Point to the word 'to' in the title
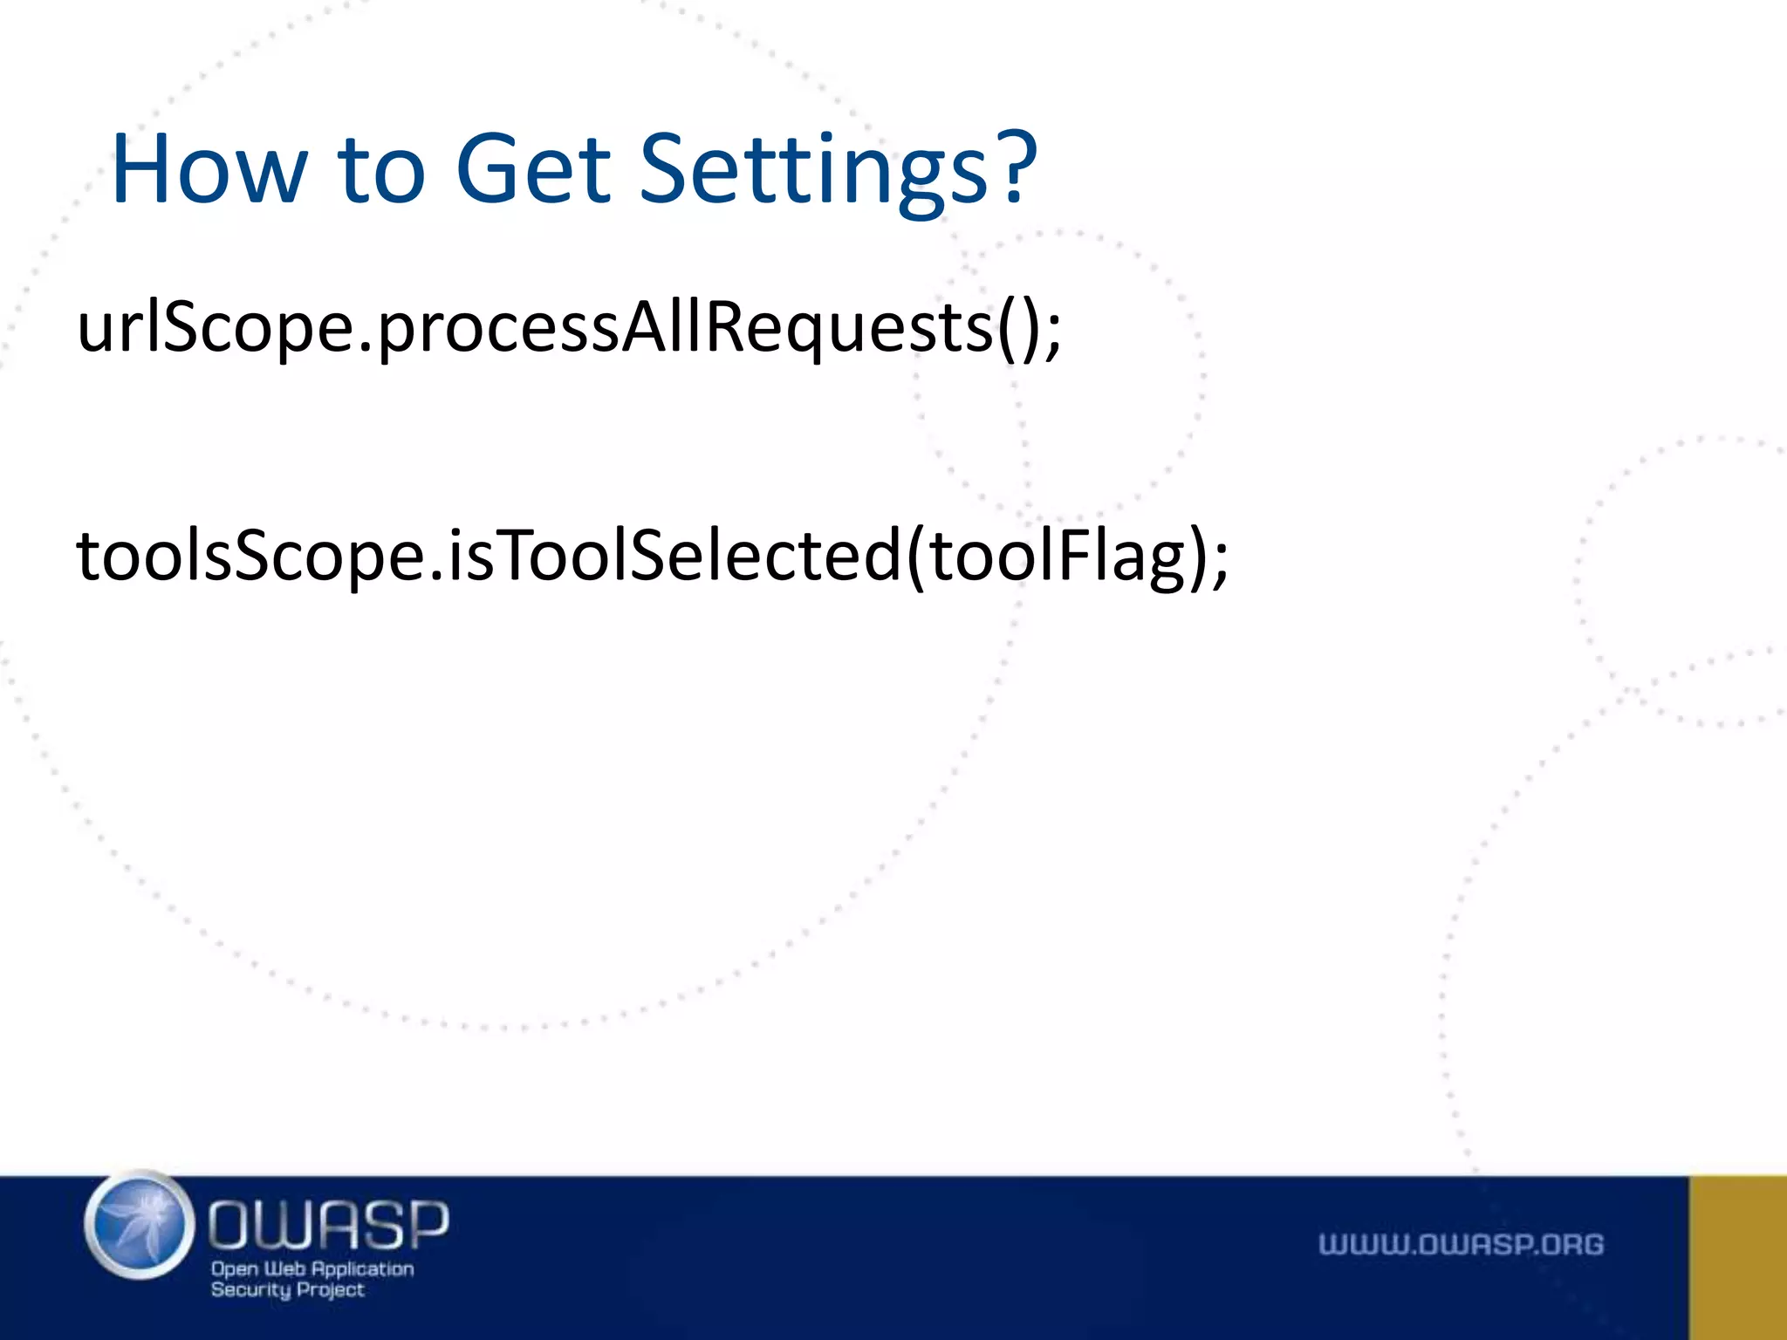pyautogui.click(x=381, y=170)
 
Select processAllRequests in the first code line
pyautogui.click(x=686, y=330)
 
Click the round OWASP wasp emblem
pyautogui.click(x=140, y=1226)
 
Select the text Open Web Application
pyautogui.click(x=312, y=1268)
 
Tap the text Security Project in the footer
pyautogui.click(x=287, y=1290)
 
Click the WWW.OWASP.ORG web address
pyautogui.click(x=1461, y=1244)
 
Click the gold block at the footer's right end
pyautogui.click(x=1737, y=1257)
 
